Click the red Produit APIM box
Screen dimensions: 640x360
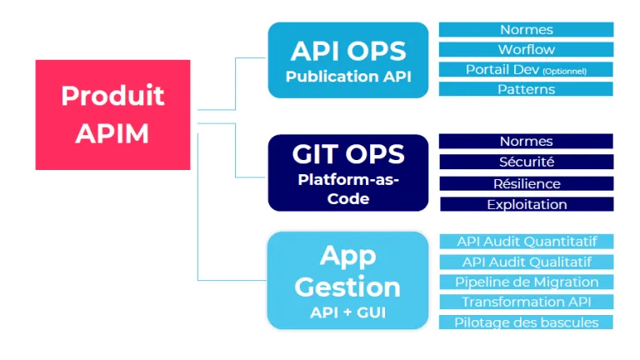click(x=112, y=115)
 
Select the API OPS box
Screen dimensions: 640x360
click(x=348, y=60)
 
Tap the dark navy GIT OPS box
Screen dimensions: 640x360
click(x=348, y=172)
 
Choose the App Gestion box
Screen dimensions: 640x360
click(x=347, y=280)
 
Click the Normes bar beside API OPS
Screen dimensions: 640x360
click(x=526, y=29)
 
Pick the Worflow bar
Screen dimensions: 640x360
click(x=526, y=49)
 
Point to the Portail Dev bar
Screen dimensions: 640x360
click(x=526, y=69)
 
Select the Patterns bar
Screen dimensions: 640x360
click(x=526, y=89)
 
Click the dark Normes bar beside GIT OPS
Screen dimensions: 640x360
click(x=526, y=141)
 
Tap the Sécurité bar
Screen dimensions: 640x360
click(x=527, y=162)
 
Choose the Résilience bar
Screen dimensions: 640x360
click(x=527, y=183)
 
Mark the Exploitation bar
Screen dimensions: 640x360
click(x=527, y=204)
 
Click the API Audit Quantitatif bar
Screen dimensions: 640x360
click(x=527, y=241)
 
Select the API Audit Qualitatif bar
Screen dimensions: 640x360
click(x=527, y=262)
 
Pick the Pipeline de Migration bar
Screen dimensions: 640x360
click(x=527, y=282)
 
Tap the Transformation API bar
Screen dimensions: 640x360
click(x=527, y=302)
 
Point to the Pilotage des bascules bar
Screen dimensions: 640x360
click(x=526, y=322)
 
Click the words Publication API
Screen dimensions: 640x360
click(x=348, y=77)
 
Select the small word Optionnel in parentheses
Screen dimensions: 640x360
click(x=564, y=71)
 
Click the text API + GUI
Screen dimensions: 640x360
click(x=347, y=312)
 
